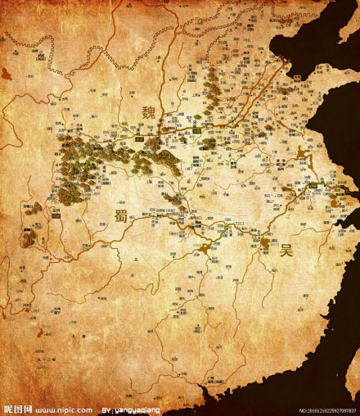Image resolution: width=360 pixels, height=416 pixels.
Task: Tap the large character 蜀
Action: (x=120, y=217)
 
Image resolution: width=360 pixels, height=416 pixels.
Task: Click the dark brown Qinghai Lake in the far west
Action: (x=7, y=74)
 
